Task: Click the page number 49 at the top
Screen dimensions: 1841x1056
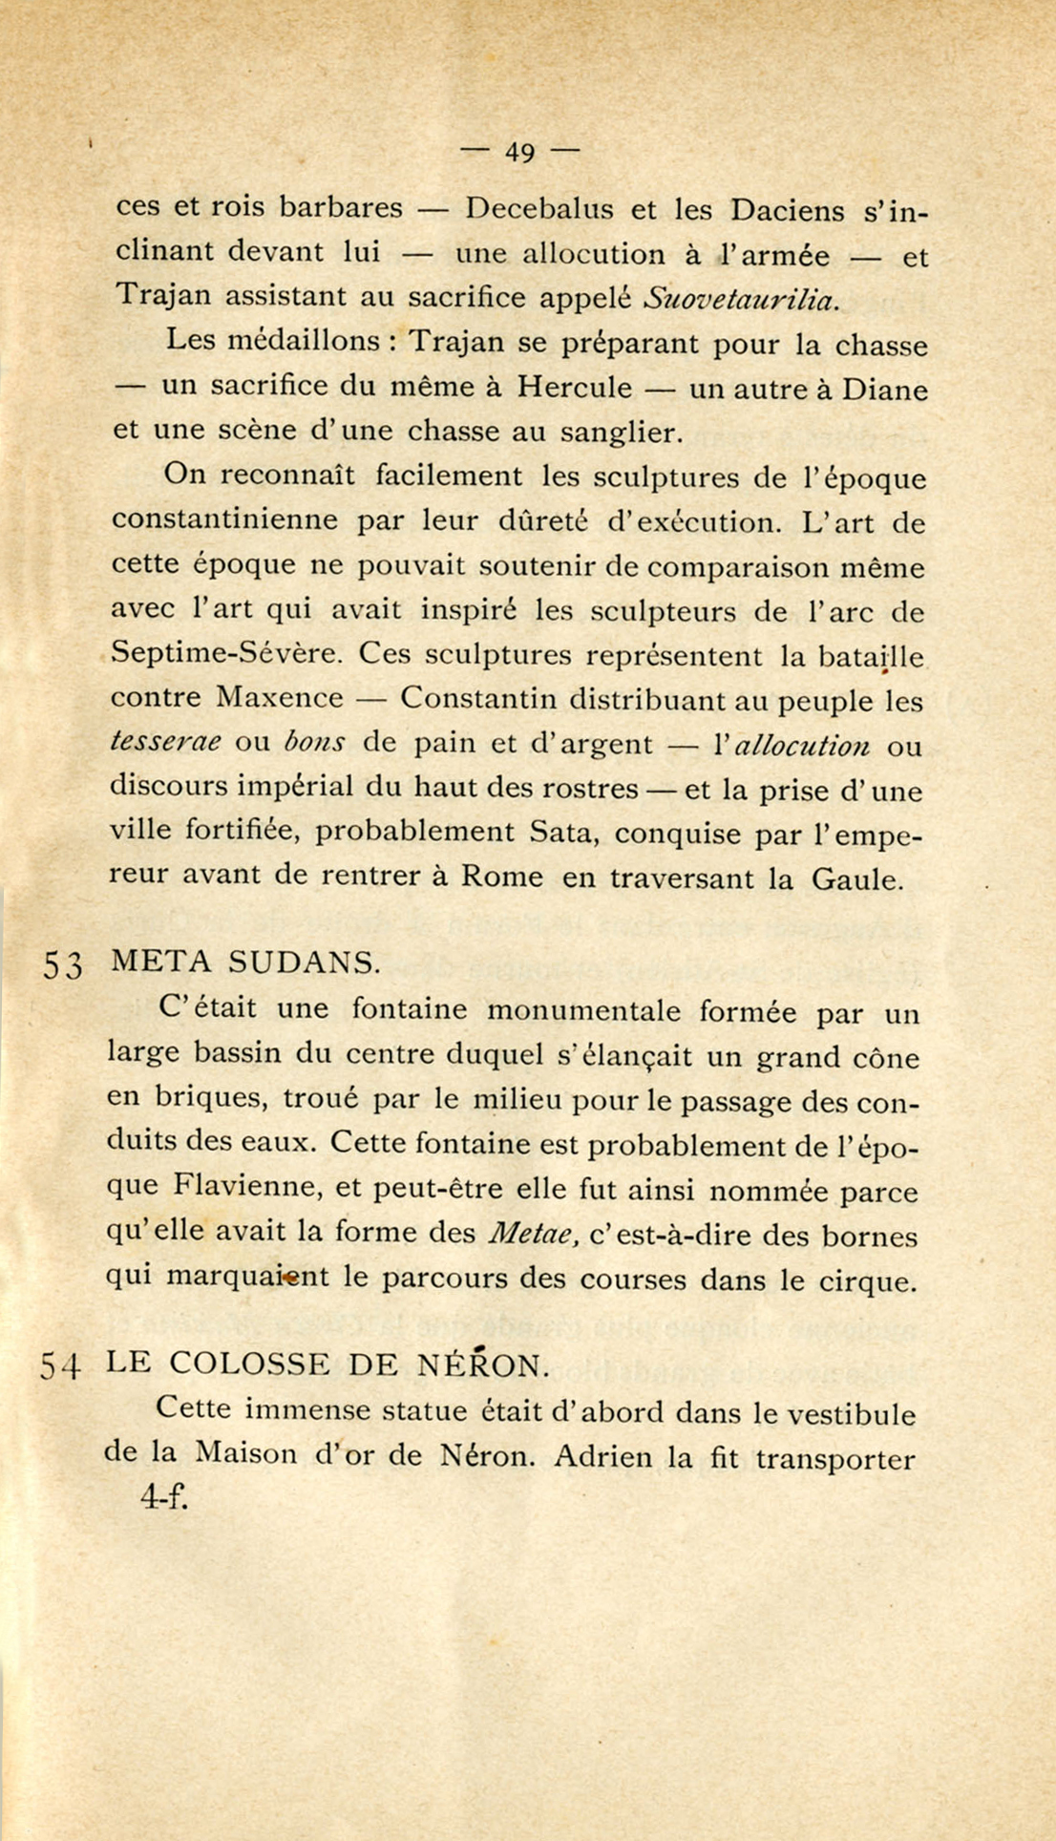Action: coord(519,151)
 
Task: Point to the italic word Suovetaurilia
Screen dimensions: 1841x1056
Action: coord(742,298)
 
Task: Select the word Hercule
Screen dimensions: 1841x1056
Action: coord(575,387)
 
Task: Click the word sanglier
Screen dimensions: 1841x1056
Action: coord(622,433)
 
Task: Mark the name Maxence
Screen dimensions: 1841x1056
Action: coord(280,698)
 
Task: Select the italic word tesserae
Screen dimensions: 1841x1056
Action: coord(166,742)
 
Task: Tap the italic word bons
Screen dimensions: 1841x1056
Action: coord(314,742)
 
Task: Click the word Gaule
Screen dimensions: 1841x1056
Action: coord(856,878)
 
